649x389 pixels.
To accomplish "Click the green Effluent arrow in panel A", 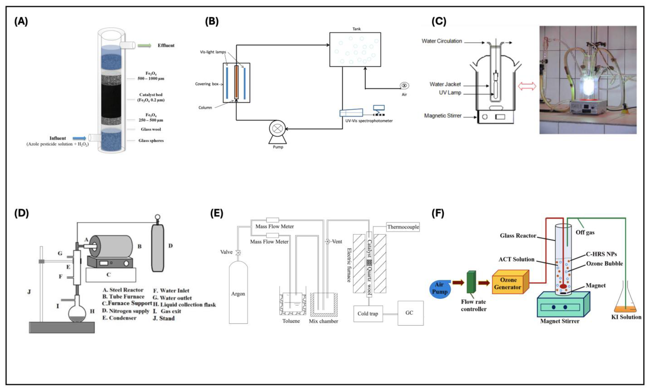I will click(x=145, y=46).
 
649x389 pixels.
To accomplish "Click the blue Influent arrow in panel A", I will click(x=79, y=138).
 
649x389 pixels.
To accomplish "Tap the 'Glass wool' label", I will click(x=151, y=129).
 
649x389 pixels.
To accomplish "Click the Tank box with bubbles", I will click(x=355, y=49).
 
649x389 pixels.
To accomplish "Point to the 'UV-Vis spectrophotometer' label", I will click(x=369, y=121).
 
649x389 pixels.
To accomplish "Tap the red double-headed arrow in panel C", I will click(x=527, y=86).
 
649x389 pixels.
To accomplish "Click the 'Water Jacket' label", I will click(x=445, y=84).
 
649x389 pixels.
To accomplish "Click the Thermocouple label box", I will click(x=403, y=227).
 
